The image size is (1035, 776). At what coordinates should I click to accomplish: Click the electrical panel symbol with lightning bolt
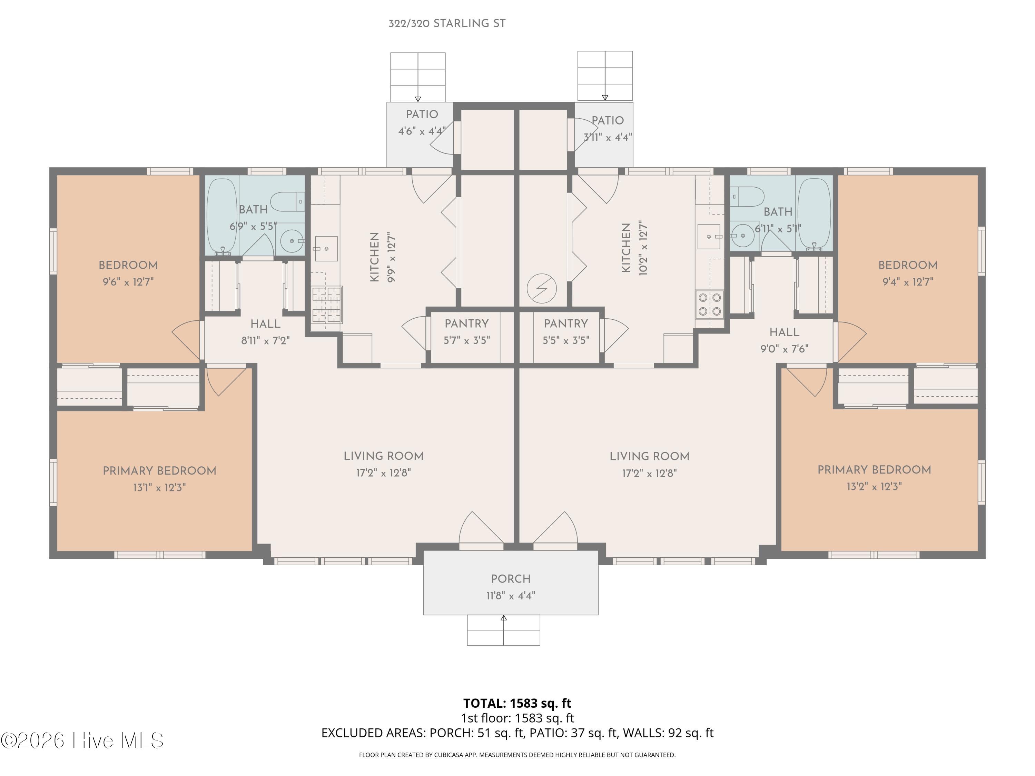tap(541, 289)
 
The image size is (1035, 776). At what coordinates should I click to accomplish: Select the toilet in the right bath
tap(747, 197)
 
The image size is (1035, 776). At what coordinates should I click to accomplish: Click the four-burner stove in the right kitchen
tap(709, 305)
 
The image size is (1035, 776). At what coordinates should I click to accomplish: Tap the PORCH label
tap(511, 579)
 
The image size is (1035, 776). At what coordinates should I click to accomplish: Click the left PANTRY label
tap(466, 324)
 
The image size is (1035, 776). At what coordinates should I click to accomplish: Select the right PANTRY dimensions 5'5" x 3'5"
tap(566, 340)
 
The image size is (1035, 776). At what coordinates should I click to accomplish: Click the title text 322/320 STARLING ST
tap(447, 23)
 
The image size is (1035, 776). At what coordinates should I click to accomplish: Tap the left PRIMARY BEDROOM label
tap(159, 471)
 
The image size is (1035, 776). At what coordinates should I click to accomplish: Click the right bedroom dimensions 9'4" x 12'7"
tap(908, 281)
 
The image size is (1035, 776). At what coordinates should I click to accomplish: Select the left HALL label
tap(265, 324)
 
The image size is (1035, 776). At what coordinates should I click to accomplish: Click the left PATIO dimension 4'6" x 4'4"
tap(422, 131)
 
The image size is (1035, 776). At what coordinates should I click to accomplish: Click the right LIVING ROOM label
tap(649, 457)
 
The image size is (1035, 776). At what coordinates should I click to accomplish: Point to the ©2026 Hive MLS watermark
tap(82, 740)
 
